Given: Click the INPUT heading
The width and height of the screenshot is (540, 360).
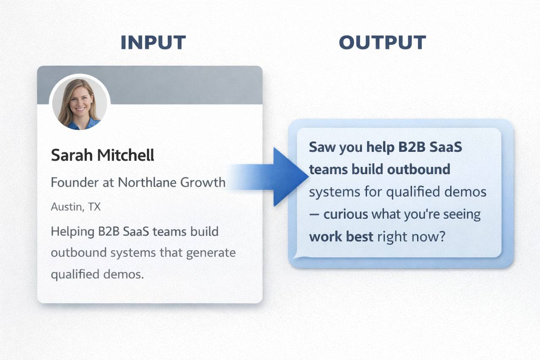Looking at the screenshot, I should (153, 43).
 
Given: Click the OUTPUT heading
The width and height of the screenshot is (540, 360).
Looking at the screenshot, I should (382, 43).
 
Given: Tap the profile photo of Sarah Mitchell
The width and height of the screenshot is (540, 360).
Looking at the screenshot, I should (79, 103).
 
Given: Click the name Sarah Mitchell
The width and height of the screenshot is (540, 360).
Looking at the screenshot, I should (103, 155).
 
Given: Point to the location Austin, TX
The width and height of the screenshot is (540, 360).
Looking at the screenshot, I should (76, 207).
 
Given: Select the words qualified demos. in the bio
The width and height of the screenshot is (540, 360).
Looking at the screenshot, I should (97, 274).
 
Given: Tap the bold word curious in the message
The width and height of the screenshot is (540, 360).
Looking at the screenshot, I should (346, 214).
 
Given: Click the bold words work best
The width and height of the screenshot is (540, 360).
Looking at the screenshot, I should (341, 236).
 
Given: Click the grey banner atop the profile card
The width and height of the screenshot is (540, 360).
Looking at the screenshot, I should (186, 84).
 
